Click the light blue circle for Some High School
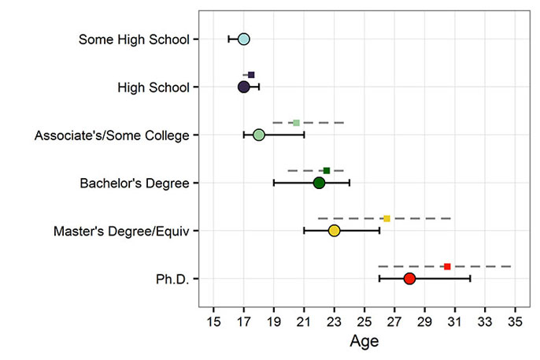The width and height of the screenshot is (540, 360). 243,39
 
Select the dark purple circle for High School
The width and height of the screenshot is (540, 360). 243,87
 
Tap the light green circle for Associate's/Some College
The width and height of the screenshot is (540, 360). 258,135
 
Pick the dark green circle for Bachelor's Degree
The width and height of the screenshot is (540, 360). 319,183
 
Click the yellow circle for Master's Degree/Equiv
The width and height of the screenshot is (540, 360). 334,231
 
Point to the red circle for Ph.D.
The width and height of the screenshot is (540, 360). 409,279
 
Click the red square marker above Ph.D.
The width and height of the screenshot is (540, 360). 447,267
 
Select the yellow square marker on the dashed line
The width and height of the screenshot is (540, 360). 387,218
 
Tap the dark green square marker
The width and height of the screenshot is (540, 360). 327,170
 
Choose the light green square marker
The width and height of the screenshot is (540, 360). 296,123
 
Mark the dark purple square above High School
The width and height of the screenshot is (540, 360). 251,75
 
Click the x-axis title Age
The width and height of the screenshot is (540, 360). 364,342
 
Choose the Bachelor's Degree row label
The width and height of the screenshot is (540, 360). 135,183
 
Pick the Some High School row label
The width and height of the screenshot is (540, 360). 134,39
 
